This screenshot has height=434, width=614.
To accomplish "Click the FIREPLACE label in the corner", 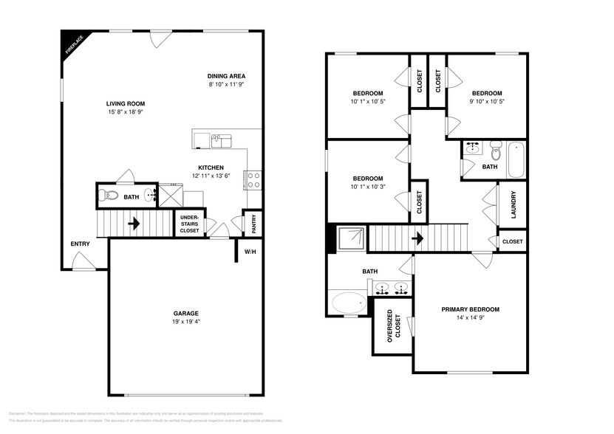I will click(73, 44).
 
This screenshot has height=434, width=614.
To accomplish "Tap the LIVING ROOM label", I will click(125, 104).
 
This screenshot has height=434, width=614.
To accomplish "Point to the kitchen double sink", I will click(221, 139).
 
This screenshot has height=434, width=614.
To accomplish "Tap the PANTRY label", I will click(253, 224).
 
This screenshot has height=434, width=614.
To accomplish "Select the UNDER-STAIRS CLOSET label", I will click(189, 224).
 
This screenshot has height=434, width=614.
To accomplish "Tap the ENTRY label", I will click(80, 244).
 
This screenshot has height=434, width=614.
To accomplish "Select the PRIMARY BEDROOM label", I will click(471, 309).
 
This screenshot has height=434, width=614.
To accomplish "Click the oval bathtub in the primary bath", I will click(349, 303).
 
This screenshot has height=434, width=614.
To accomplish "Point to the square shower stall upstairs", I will click(352, 238).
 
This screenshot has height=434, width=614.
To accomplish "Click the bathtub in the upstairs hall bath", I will click(516, 159).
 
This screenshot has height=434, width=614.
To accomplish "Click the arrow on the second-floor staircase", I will click(417, 238).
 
